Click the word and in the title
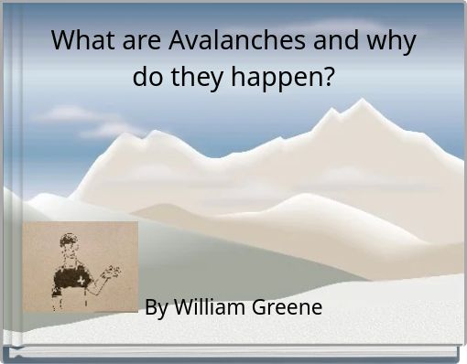point(335,41)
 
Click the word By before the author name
point(156,307)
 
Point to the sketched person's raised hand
point(113,271)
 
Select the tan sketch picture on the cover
point(80,265)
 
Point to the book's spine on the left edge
point(5,183)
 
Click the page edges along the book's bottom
point(233,353)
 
